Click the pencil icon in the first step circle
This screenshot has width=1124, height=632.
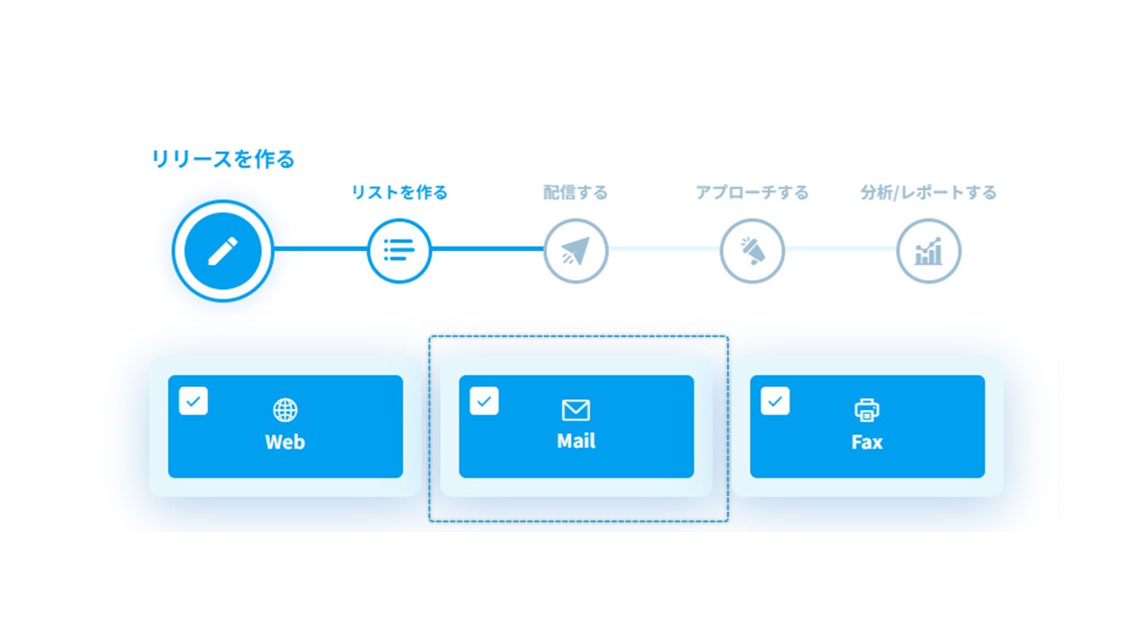pos(223,251)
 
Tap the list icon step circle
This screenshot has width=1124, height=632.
pos(399,251)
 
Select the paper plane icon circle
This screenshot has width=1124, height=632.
pos(575,251)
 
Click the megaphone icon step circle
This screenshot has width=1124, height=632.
pos(753,251)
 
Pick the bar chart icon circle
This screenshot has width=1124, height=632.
pos(929,251)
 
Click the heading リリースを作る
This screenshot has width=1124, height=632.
pos(223,159)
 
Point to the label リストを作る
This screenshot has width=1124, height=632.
pos(399,192)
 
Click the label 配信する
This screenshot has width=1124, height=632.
pos(575,192)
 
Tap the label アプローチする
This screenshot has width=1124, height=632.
pos(753,192)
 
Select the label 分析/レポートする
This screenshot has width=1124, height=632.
pos(928,192)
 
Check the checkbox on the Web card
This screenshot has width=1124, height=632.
pos(193,401)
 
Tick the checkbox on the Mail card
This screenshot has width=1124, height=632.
pos(484,401)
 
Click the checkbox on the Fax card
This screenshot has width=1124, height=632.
pos(775,401)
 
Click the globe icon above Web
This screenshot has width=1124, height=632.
pos(285,410)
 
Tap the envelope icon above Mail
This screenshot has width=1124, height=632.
pos(576,410)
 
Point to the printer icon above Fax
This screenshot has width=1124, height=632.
pos(867,410)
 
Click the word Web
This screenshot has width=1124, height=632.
pos(285,442)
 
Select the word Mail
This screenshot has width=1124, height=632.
pos(576,441)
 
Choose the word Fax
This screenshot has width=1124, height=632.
pos(867,442)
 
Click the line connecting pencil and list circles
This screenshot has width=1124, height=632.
pos(321,248)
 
